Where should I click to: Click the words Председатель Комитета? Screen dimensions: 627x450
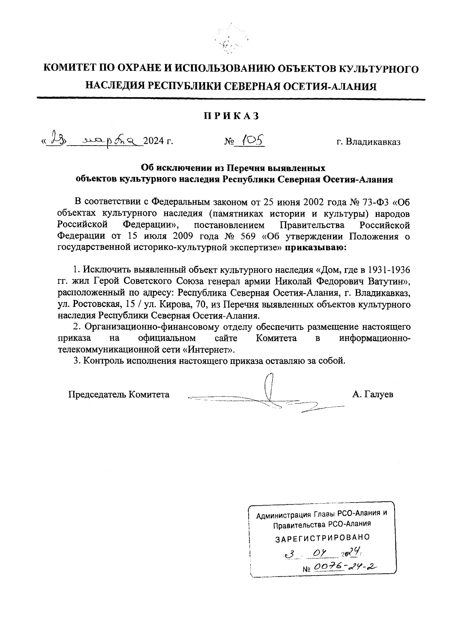(118, 394)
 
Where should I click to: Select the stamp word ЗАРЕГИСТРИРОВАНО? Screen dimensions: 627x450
(322, 538)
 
